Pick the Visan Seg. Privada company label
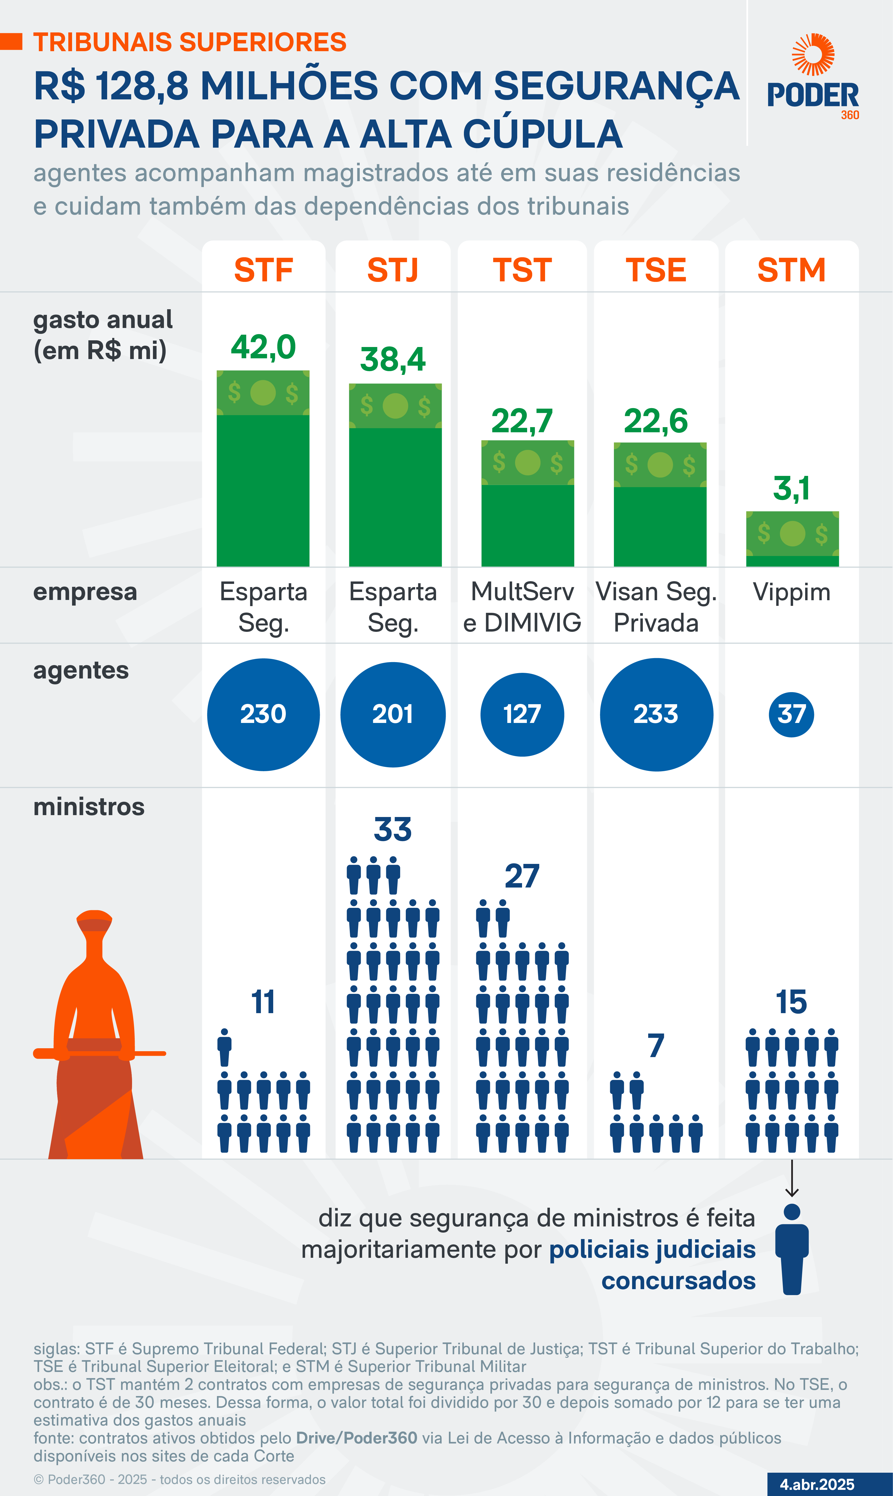(656, 607)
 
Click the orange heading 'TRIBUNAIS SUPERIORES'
(190, 42)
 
